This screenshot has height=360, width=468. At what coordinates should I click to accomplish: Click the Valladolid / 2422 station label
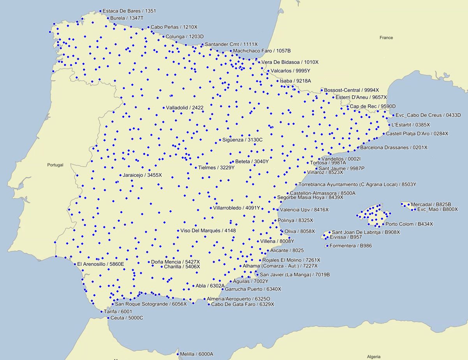point(185,108)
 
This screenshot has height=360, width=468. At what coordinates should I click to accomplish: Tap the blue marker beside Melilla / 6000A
point(178,354)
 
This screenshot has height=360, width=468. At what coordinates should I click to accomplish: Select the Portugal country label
point(55,165)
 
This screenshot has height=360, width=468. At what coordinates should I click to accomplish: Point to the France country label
point(386,38)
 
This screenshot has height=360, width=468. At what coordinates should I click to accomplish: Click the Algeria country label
point(374,356)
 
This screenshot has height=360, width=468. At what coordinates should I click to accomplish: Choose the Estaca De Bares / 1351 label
point(129,11)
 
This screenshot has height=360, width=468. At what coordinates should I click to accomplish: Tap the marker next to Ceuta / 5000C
point(108,318)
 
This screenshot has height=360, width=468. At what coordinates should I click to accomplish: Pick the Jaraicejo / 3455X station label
point(142,175)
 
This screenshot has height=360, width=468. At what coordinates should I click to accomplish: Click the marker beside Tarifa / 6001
point(101,312)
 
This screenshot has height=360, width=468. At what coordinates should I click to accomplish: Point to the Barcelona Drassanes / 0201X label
point(394,148)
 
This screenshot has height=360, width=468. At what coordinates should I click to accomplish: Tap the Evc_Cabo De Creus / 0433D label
point(428,115)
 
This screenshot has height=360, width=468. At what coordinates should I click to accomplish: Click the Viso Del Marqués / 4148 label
point(208,231)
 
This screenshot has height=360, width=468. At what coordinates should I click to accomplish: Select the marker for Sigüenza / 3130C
point(220,140)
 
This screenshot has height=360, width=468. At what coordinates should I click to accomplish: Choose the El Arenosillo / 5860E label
point(100,264)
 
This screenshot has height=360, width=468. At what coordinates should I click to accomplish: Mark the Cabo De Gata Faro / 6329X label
point(243,304)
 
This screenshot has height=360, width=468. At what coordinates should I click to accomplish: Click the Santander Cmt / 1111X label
point(231,44)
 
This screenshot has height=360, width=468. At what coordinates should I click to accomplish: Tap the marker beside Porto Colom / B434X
point(383,224)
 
